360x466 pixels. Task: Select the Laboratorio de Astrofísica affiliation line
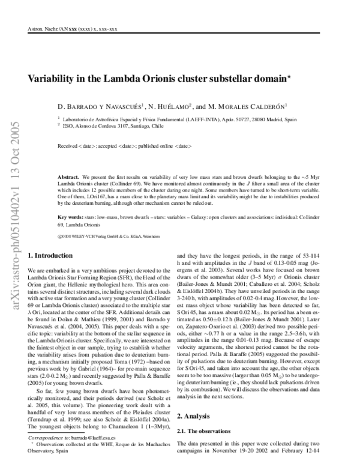(180, 120)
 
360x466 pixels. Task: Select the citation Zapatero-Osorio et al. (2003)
(227, 322)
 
